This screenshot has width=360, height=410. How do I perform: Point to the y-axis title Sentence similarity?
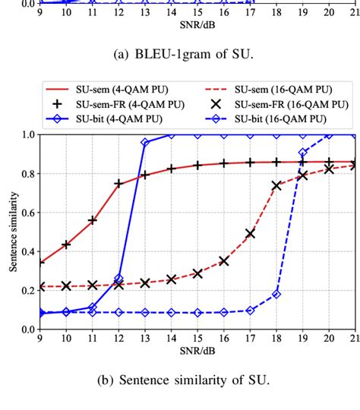[13, 232]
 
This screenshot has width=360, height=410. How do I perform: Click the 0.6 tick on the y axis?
[28, 213]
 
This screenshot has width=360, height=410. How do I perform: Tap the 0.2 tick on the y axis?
[28, 291]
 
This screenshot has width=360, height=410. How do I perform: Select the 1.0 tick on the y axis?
[28, 135]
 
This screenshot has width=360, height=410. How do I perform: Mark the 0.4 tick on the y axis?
[28, 252]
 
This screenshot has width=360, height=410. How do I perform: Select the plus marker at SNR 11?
[92, 220]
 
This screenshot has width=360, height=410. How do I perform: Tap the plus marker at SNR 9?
[39, 263]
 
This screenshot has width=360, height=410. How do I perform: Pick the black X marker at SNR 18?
[276, 184]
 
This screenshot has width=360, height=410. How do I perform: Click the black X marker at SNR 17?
[250, 234]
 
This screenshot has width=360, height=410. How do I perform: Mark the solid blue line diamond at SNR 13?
[145, 143]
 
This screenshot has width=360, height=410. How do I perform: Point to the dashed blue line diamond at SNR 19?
[303, 153]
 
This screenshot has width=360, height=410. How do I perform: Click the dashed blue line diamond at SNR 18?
[276, 294]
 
